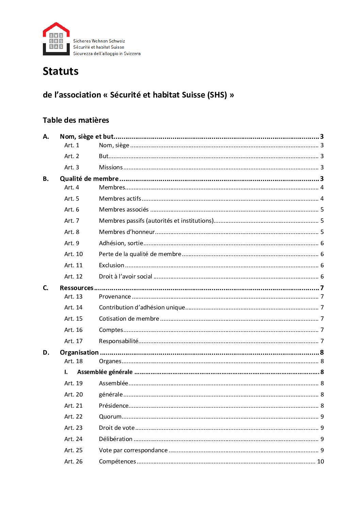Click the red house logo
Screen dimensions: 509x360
56,39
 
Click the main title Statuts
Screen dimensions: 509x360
61,71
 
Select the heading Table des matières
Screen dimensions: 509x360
76,120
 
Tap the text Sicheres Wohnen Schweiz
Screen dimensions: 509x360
99,41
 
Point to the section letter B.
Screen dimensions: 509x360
46,179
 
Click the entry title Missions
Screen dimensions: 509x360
111,167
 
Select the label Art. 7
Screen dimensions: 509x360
71,221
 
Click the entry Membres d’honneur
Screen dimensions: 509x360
127,232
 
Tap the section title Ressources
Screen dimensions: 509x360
77,288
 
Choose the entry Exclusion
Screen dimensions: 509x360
112,265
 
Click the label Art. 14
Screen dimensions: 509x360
73,307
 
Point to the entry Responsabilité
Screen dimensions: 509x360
119,341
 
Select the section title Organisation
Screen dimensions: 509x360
79,352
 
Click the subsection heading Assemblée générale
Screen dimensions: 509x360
105,372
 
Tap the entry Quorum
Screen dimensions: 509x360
110,417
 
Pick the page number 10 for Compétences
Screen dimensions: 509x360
321,461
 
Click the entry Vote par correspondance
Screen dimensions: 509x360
133,450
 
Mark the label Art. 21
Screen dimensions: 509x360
73,406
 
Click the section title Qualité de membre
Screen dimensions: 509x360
89,179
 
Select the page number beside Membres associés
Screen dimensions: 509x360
322,209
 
